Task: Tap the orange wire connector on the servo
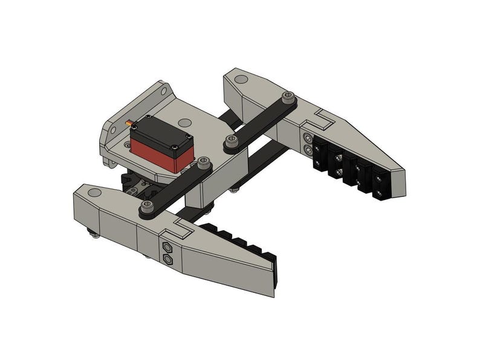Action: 129,124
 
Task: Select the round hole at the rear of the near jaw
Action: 94,193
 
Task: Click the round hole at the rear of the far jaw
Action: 241,79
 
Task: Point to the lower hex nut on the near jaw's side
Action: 167,260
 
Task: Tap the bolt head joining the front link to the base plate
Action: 204,162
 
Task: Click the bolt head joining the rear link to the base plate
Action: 230,141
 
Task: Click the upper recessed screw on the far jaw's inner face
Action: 306,138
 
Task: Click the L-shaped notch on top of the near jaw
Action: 180,227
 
